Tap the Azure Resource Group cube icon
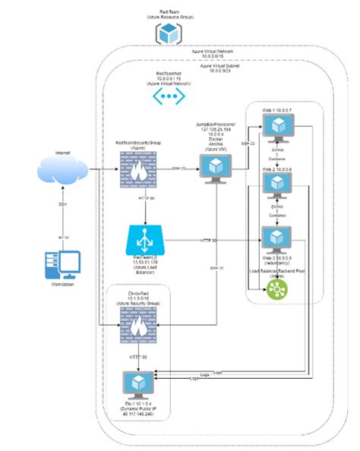coord(167,34)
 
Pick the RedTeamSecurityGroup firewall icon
coord(139,169)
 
